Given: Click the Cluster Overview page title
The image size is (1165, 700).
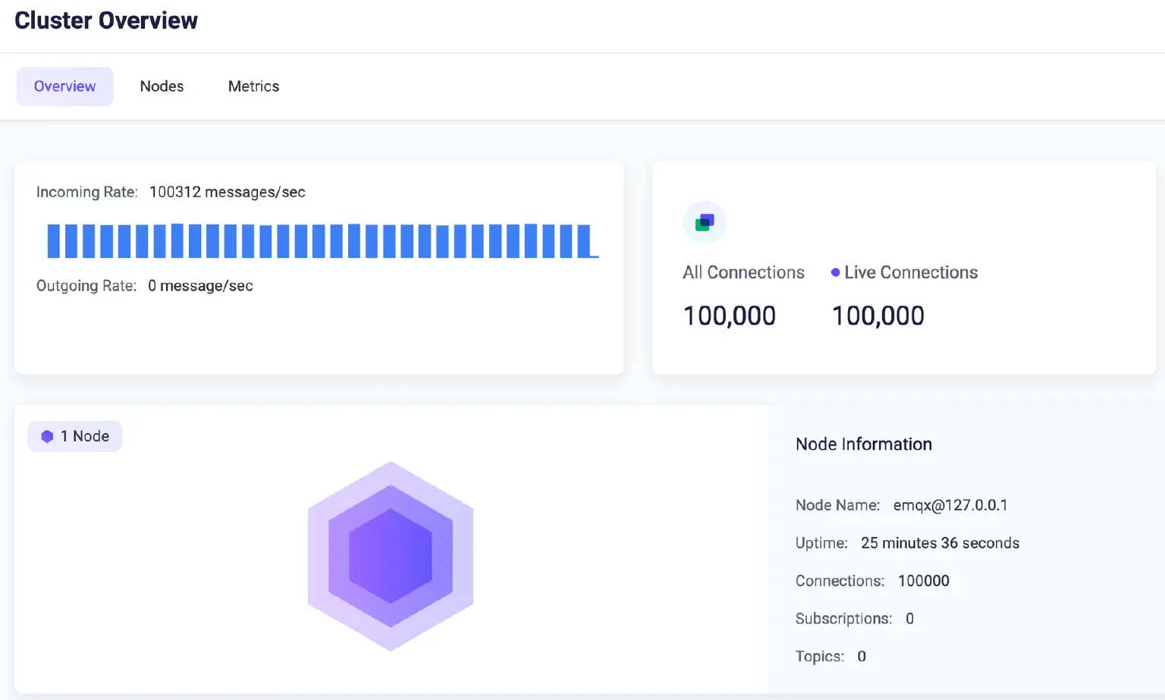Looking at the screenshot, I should point(106,20).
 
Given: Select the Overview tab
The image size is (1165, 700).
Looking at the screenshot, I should point(64,86).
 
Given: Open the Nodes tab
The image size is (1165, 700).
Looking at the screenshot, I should point(162,86).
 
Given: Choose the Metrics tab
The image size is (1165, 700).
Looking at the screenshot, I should point(253,86).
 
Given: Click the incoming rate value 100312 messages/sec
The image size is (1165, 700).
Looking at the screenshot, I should point(227,192).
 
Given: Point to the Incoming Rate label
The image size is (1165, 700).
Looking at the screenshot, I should point(86,192).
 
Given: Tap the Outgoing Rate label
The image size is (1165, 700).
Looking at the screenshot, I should point(86,286).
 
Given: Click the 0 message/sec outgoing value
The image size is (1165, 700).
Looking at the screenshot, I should point(200,286).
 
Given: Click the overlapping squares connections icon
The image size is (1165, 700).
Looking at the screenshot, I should point(705,222).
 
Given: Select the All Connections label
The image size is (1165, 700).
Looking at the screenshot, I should point(743,272).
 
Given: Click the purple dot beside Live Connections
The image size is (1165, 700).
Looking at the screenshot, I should point(835,272).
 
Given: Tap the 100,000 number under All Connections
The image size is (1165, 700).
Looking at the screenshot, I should point(729,315).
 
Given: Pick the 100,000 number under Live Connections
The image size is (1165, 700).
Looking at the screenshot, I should point(878,315).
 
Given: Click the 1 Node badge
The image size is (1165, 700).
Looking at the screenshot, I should point(75,436).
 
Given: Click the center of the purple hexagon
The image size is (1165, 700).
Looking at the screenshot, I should point(391,556).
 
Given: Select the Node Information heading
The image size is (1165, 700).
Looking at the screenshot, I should point(863,444).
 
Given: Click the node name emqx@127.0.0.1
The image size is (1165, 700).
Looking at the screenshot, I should point(950,505).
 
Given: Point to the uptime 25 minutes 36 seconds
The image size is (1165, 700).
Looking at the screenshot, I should point(940,543).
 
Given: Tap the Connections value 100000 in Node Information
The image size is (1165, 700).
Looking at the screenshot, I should point(923,581).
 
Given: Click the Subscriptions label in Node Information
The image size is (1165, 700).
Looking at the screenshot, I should point(843,619).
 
